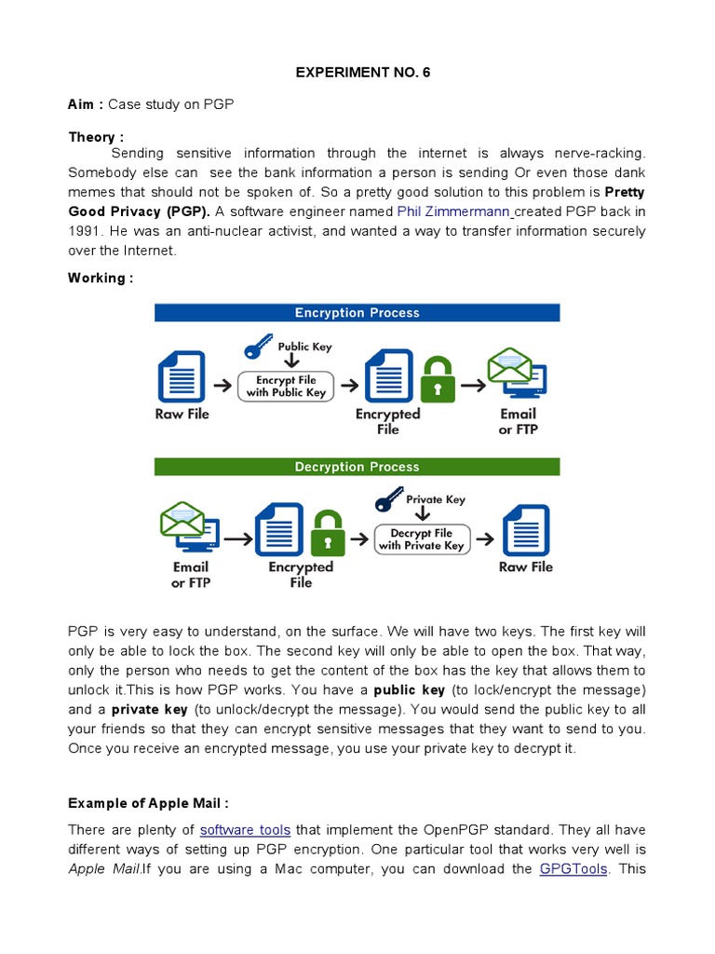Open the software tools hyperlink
(x=245, y=830)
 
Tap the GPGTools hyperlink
(x=573, y=869)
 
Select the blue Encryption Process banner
(x=357, y=313)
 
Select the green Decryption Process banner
(x=357, y=467)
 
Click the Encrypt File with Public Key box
(x=286, y=387)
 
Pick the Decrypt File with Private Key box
(x=421, y=539)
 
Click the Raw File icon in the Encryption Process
(x=182, y=375)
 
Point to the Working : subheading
(x=101, y=279)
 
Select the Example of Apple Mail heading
(x=148, y=803)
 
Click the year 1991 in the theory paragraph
(x=87, y=231)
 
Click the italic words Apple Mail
(x=104, y=869)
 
